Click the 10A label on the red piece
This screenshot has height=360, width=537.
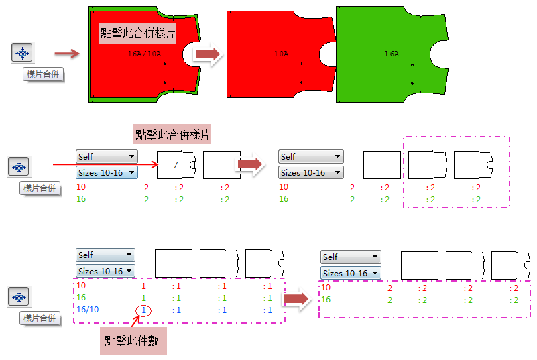pos(281,53)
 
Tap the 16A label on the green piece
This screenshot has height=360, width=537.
pos(392,53)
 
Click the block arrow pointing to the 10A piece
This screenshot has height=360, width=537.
pos(208,56)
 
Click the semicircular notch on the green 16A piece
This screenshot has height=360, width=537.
pos(438,53)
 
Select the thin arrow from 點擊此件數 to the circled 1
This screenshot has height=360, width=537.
pos(133,321)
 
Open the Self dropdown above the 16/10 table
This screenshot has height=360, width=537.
pos(106,255)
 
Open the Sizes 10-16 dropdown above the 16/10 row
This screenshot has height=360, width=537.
pos(106,271)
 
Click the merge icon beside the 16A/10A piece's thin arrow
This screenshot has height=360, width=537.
pos(22,53)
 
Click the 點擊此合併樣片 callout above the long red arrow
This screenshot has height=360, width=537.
pos(173,135)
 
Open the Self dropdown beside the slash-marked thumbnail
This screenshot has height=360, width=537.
pos(107,156)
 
